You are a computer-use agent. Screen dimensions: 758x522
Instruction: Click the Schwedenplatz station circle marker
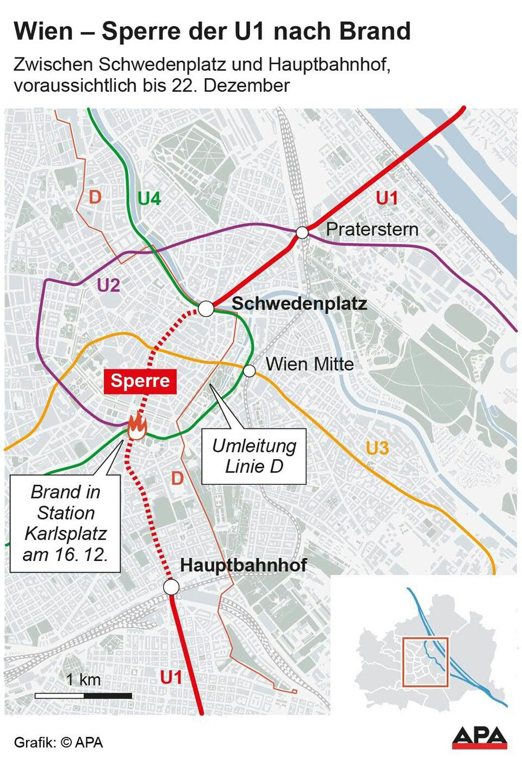coord(206,309)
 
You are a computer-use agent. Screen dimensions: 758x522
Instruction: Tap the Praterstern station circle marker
coord(302,233)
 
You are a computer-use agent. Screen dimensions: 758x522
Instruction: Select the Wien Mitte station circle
coord(249,371)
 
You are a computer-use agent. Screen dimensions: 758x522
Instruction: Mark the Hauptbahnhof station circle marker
coord(171,587)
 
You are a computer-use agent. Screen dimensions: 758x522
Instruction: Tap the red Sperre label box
coord(140,381)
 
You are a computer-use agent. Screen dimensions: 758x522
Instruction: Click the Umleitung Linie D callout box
coord(254,456)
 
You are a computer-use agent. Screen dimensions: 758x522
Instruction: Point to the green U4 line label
coord(149,199)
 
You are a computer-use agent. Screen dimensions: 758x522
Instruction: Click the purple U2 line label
coord(108,285)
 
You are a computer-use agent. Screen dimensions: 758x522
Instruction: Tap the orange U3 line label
coord(377,448)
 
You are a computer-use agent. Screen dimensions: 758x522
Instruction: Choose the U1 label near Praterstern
coord(387,198)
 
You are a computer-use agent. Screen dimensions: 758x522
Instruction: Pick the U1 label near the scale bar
coord(171,677)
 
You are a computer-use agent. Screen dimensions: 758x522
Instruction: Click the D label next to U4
coord(95,197)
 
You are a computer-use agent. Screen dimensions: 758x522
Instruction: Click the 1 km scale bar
coord(83,695)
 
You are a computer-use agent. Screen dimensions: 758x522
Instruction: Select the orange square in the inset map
coord(425,662)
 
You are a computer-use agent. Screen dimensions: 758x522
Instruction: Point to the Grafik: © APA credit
coord(58,742)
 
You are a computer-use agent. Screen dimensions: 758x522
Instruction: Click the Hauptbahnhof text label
coord(243,565)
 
